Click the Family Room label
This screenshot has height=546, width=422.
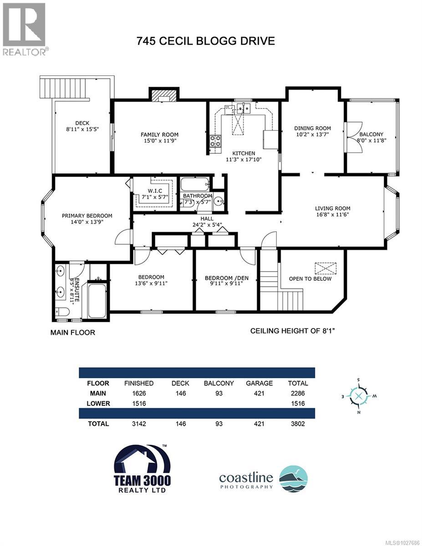159,135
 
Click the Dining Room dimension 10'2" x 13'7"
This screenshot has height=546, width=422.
312,135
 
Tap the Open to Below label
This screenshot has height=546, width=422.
310,278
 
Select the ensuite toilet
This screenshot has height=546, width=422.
62,312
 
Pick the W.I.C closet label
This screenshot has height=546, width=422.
152,190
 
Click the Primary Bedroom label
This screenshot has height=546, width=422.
87,216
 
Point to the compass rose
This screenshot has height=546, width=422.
359,395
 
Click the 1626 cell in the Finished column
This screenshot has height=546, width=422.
138,393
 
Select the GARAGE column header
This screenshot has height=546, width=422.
259,383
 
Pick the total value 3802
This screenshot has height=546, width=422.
298,424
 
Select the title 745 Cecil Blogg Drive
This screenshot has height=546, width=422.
206,41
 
